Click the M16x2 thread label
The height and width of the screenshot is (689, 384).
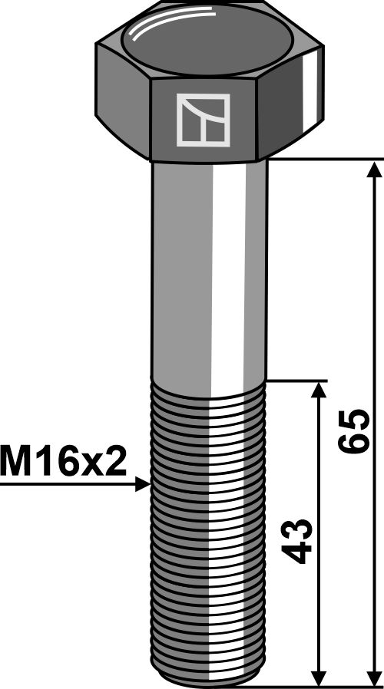click(64, 462)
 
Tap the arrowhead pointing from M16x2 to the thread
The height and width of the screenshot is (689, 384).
click(141, 484)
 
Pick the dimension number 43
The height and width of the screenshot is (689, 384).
click(299, 542)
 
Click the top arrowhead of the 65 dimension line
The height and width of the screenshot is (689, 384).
click(374, 170)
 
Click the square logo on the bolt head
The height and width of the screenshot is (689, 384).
click(203, 120)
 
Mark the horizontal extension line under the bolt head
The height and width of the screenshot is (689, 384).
click(323, 159)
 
